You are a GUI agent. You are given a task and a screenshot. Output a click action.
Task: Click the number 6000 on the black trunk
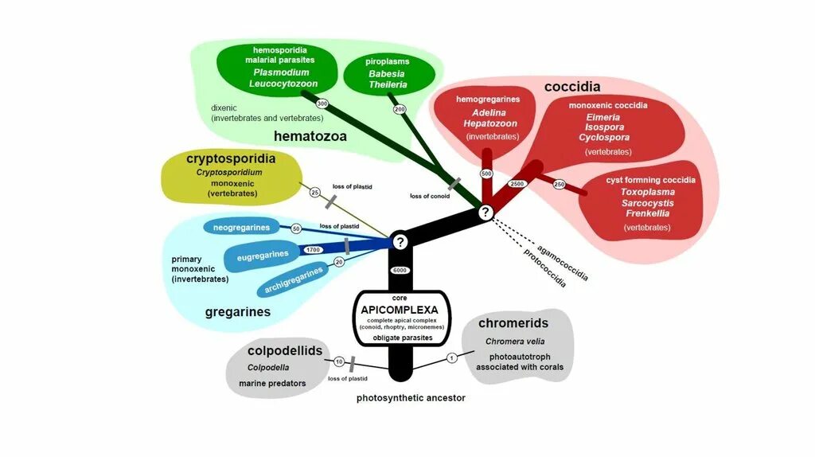tap(400, 270)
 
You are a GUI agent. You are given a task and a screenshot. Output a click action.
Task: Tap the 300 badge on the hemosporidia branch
tap(322, 104)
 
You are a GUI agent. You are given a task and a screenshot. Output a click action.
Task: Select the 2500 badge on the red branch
tap(517, 184)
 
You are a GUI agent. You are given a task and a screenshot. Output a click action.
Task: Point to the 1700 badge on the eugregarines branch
tap(313, 250)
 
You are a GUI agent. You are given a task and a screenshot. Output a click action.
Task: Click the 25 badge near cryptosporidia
tap(314, 193)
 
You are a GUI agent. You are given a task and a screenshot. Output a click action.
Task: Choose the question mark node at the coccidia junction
tap(485, 212)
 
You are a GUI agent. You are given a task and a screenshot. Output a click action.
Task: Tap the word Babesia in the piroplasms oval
tap(387, 73)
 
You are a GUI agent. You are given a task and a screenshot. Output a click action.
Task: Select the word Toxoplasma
tap(648, 192)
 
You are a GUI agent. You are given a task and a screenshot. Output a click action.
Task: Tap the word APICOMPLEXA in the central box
tap(400, 309)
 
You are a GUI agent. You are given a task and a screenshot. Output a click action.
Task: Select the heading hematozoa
tap(310, 136)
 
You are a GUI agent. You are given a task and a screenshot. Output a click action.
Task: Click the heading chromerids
tap(513, 323)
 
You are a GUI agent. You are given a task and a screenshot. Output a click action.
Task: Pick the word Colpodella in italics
tap(268, 367)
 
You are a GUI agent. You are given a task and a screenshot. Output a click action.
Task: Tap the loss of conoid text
tap(431, 196)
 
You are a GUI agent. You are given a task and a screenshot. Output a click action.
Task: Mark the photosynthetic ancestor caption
tap(411, 397)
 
